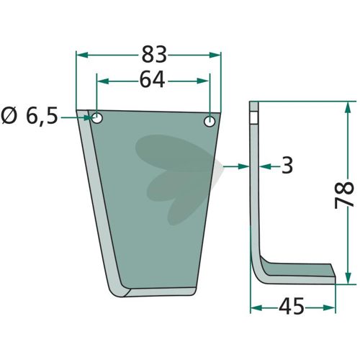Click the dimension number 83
(x=154, y=55)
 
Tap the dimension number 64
(x=152, y=79)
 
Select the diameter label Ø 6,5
(x=30, y=116)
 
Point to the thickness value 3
(x=287, y=166)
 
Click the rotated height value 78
(x=344, y=195)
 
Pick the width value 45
(x=292, y=306)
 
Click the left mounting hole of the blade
(x=97, y=118)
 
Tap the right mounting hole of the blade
(x=210, y=122)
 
